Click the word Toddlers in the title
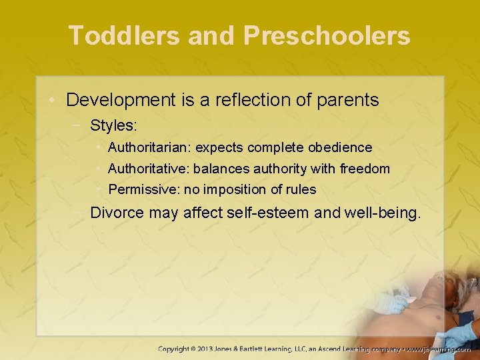(123, 35)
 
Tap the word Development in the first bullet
(120, 101)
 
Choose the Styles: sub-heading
(113, 125)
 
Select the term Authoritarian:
(149, 147)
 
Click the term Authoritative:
(149, 169)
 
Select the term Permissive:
(144, 190)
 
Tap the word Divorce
(117, 213)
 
